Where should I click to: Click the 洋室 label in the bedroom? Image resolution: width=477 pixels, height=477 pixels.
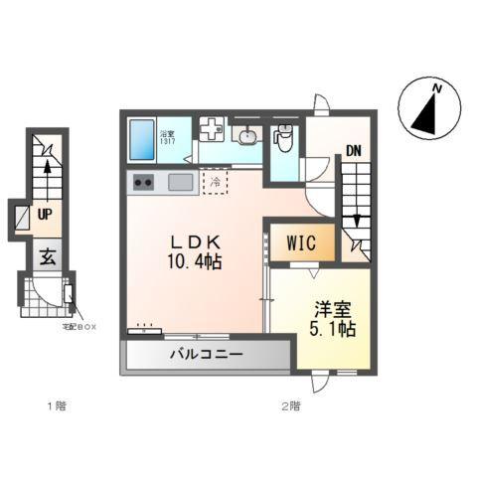331,308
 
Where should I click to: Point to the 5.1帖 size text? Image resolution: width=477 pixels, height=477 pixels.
331,329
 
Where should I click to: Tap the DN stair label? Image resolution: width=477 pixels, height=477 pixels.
353,152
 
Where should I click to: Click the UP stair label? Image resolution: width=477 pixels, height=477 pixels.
45,213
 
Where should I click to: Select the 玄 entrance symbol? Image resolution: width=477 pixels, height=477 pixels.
47,255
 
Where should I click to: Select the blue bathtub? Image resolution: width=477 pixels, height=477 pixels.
142,139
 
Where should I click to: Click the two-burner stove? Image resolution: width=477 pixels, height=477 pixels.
142,182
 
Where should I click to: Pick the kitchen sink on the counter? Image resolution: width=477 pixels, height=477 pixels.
180,182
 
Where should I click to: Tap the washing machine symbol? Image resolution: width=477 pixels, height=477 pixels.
212,130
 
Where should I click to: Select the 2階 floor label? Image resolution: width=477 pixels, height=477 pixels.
289,405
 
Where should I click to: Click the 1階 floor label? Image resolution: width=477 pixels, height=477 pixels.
56,405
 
